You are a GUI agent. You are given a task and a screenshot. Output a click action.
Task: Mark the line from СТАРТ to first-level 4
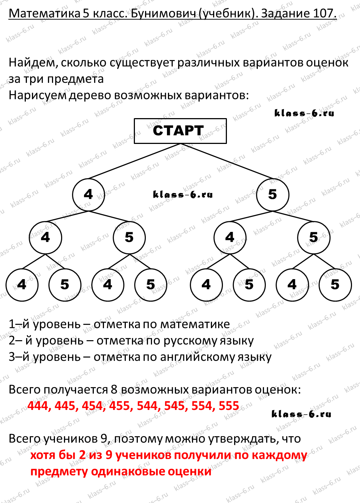[x=135, y=161]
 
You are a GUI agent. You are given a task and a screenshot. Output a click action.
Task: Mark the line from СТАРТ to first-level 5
[x=227, y=161]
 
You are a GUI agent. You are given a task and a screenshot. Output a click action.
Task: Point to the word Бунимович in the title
[x=163, y=13]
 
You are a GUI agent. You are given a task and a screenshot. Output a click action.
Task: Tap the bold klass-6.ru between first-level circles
[x=183, y=194]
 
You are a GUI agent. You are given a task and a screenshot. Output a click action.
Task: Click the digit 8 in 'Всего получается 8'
[x=114, y=390]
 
